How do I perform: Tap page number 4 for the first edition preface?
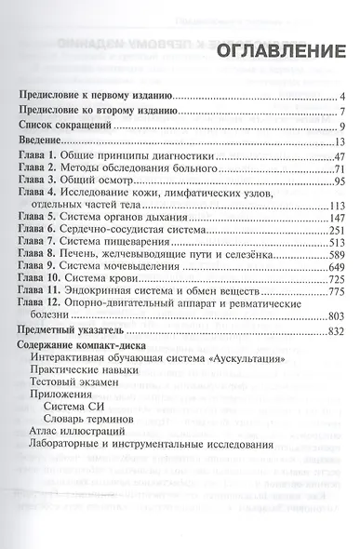pyautogui.click(x=342, y=95)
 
